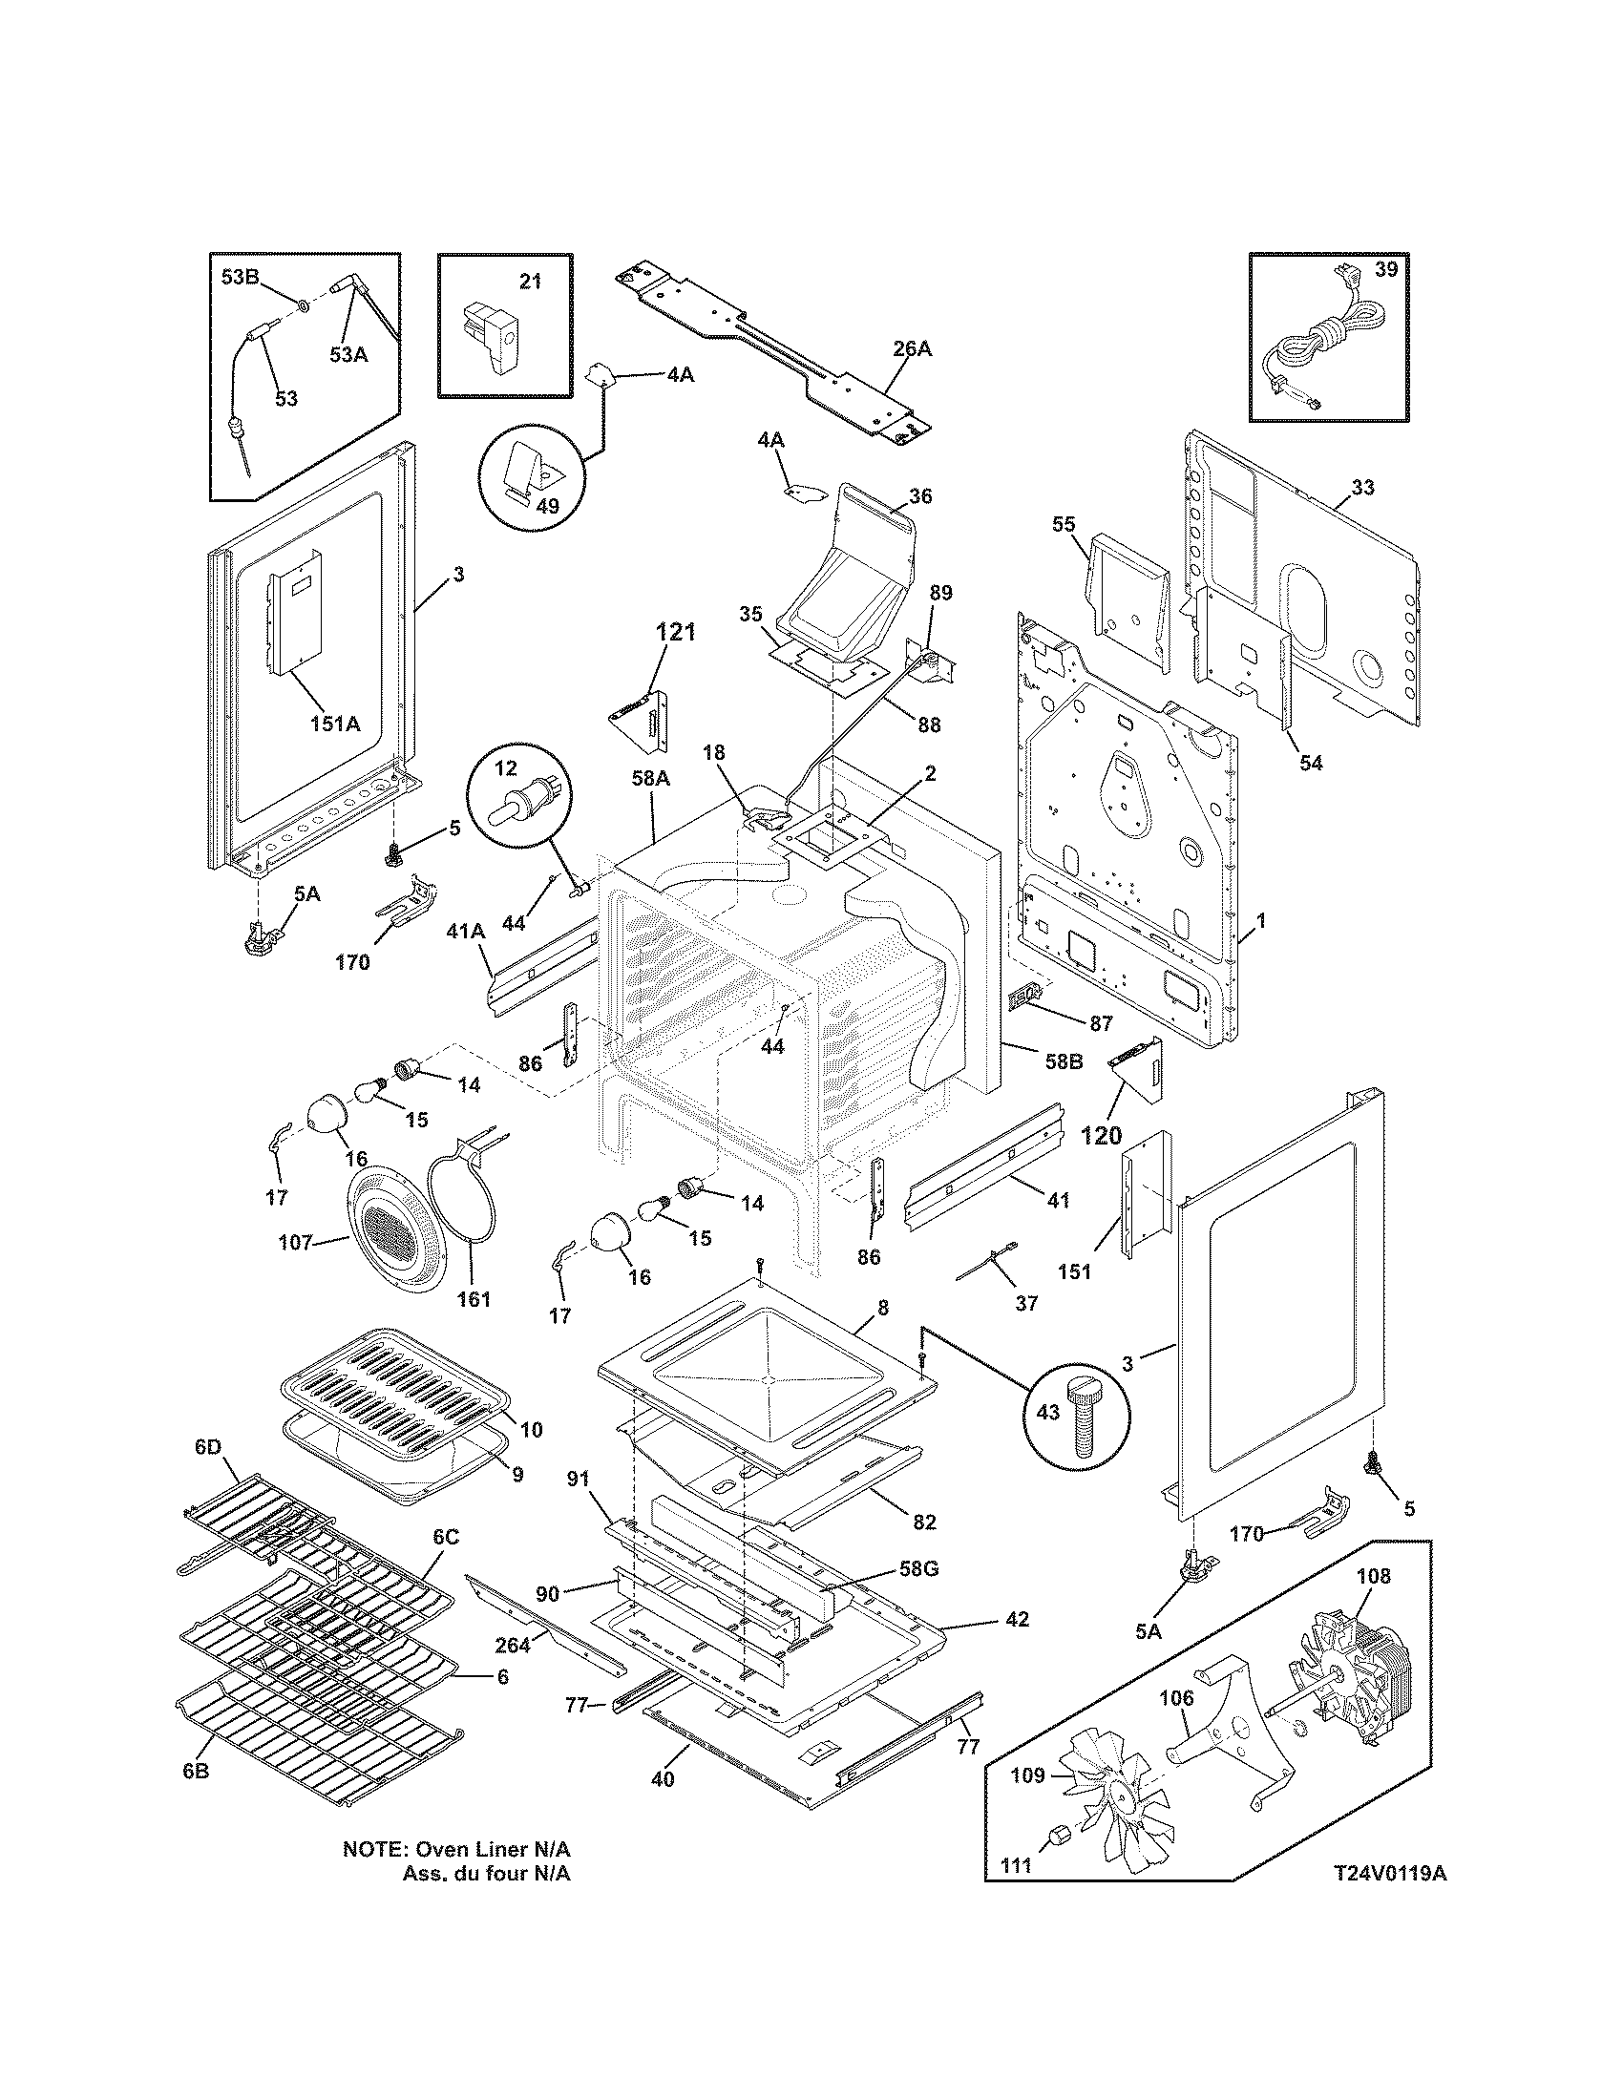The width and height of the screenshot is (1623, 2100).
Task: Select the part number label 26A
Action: [x=912, y=349]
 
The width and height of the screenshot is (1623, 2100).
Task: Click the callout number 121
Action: [x=675, y=634]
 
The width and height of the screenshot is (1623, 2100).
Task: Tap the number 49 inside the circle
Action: [x=547, y=506]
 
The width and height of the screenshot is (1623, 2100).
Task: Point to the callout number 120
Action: [x=1101, y=1136]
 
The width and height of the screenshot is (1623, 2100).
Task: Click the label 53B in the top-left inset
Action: [x=240, y=278]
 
